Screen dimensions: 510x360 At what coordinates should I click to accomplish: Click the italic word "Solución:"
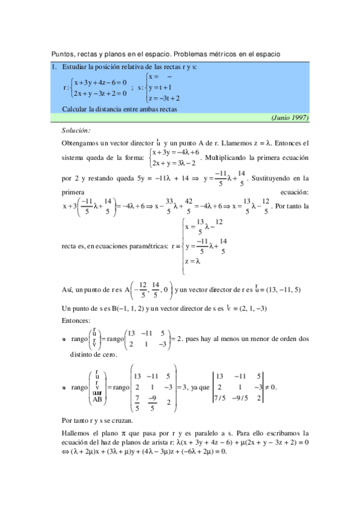point(76,130)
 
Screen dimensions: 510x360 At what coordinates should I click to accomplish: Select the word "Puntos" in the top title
point(62,54)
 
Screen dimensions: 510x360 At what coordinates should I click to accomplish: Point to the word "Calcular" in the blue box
point(75,109)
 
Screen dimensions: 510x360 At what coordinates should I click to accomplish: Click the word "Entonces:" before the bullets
point(76,321)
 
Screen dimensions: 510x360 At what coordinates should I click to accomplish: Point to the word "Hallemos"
point(76,433)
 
